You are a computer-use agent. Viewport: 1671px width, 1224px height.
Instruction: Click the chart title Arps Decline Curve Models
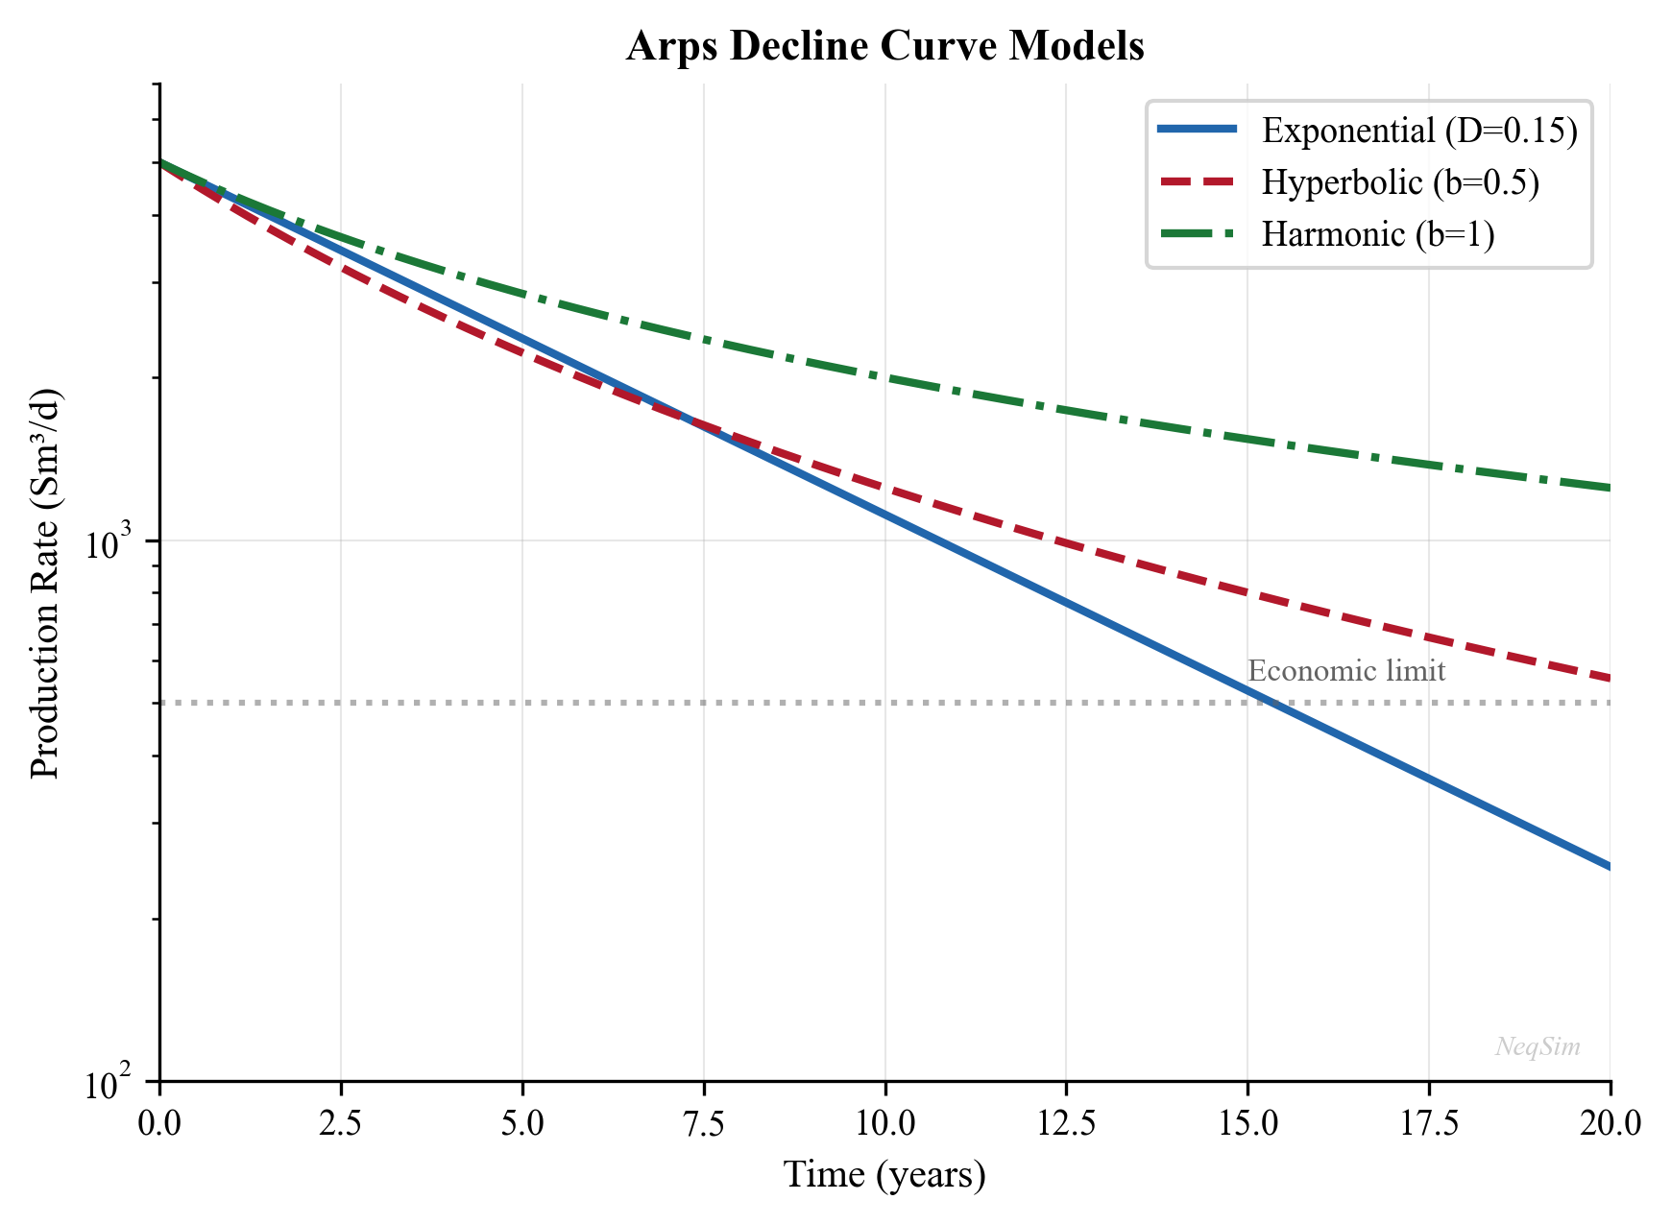pyautogui.click(x=884, y=46)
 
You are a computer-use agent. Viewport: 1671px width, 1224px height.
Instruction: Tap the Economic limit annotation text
pyautogui.click(x=1345, y=671)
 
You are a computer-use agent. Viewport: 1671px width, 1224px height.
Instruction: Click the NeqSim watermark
pyautogui.click(x=1538, y=1047)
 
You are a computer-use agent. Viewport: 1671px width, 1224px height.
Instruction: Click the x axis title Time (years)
pyautogui.click(x=884, y=1175)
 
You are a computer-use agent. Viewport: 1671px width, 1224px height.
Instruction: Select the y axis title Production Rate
pyautogui.click(x=45, y=584)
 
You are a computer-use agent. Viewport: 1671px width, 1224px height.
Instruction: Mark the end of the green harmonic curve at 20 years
pyautogui.click(x=1609, y=488)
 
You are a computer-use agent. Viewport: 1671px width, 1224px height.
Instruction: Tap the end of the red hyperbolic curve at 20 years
pyautogui.click(x=1609, y=679)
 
